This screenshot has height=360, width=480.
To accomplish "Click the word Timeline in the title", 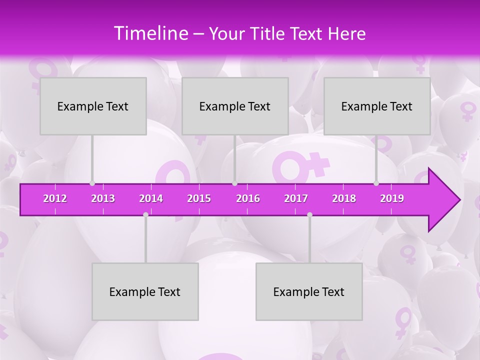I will click(150, 33).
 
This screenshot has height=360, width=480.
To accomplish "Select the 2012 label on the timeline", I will click(55, 198).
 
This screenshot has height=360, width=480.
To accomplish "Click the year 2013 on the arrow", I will click(103, 198).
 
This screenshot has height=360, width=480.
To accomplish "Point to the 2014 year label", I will click(151, 198).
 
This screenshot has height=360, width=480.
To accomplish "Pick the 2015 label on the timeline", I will click(199, 198).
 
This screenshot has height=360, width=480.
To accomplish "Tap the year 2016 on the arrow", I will click(248, 198).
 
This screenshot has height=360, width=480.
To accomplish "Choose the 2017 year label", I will click(296, 198).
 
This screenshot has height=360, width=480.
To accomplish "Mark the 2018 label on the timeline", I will click(344, 198).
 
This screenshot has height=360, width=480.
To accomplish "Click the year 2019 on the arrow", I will click(392, 198).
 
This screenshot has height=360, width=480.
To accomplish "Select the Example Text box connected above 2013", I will click(93, 106).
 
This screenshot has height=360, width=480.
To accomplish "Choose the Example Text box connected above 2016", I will click(235, 106).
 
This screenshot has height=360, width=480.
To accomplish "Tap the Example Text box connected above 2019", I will click(377, 106).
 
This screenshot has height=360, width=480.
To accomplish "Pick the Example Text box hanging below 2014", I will click(145, 291).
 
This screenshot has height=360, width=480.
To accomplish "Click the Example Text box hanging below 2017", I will click(309, 291).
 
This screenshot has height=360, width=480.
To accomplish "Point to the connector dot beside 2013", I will click(92, 183).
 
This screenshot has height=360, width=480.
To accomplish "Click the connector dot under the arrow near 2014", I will click(145, 214).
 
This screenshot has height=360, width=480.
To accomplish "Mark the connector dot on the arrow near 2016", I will click(234, 183).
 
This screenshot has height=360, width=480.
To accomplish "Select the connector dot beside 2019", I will click(376, 183).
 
